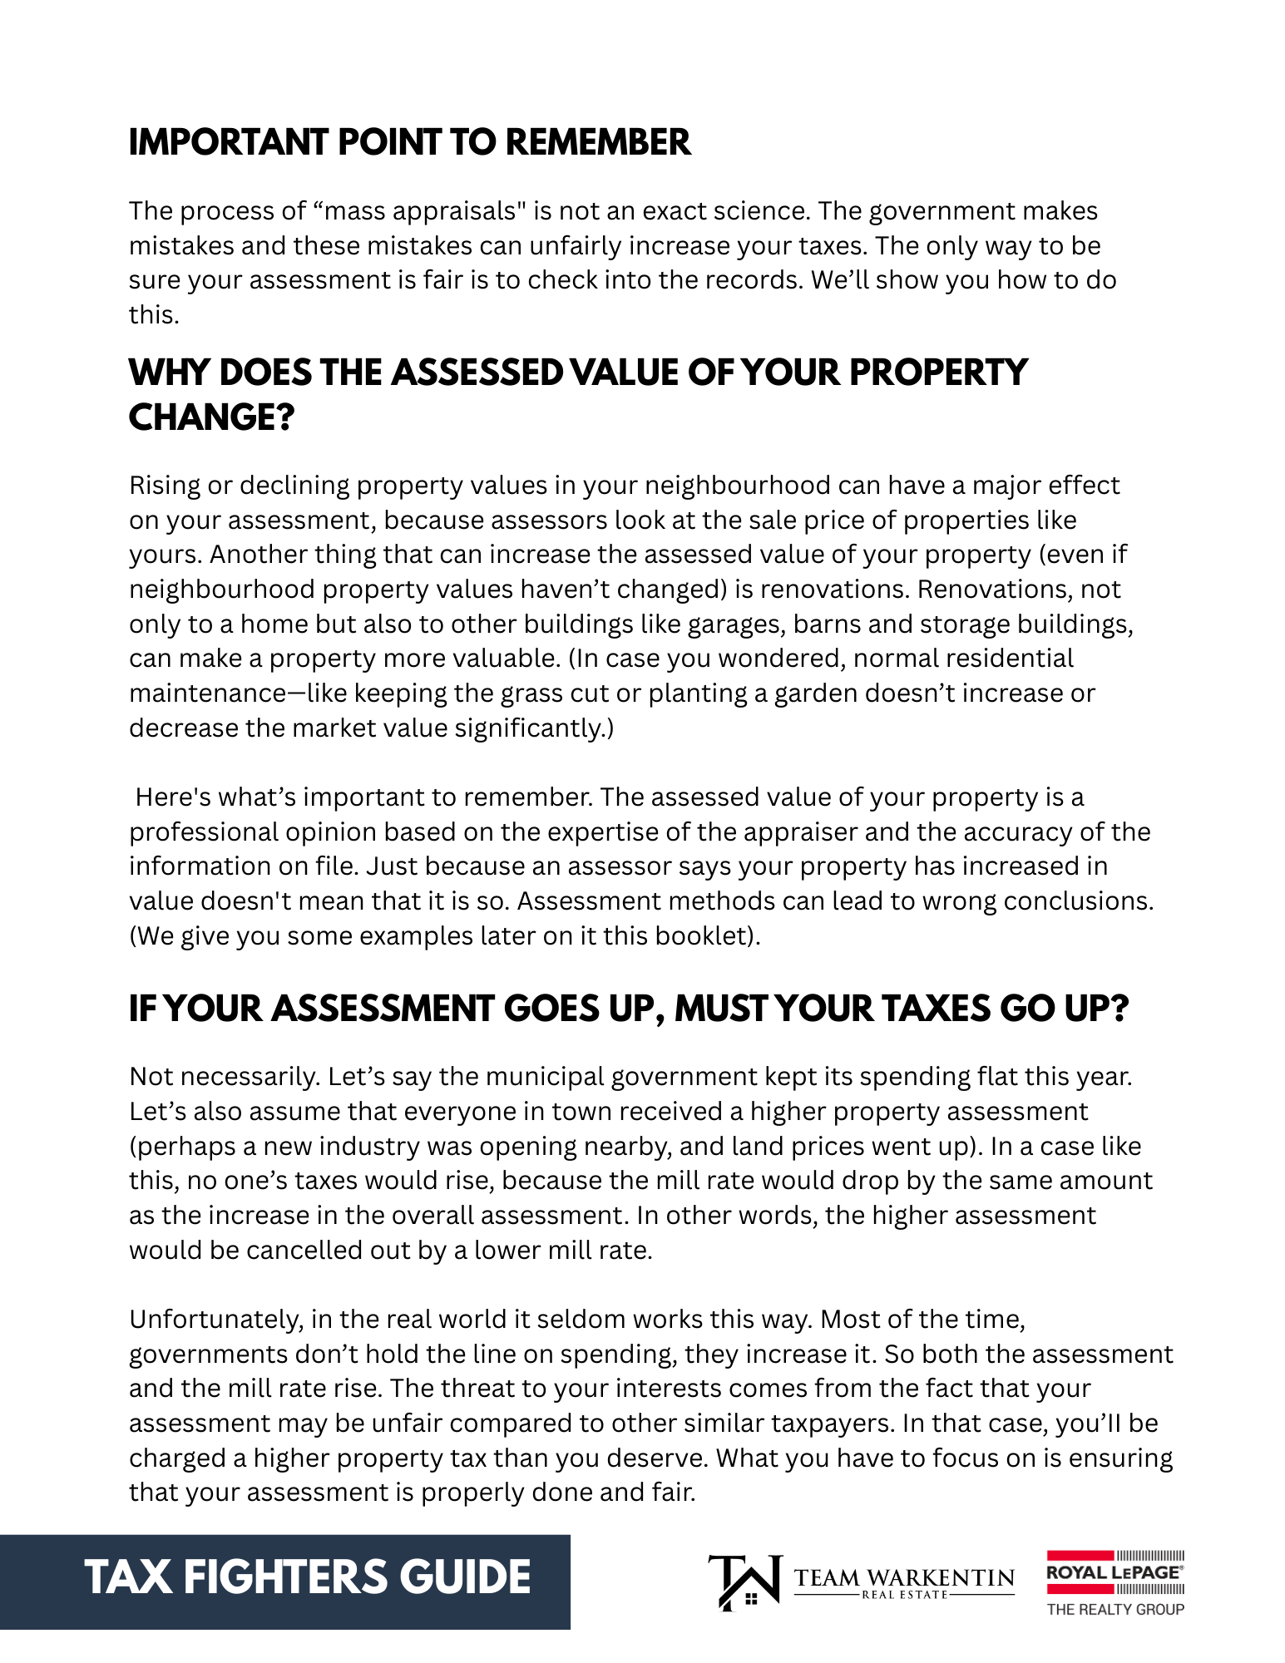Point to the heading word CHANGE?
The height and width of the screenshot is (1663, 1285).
[x=211, y=417]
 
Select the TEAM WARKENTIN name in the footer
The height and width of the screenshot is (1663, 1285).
[x=904, y=1578]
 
